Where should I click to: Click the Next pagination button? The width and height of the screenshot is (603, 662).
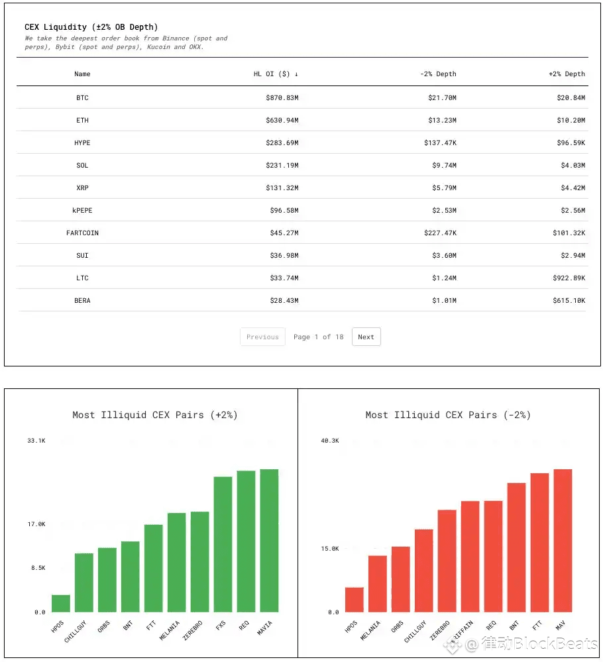click(366, 337)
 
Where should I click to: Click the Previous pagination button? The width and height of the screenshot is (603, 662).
click(262, 337)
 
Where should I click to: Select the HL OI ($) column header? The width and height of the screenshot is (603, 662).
click(276, 74)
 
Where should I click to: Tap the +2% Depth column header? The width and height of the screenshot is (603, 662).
click(567, 74)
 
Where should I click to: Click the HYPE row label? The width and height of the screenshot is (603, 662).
click(82, 142)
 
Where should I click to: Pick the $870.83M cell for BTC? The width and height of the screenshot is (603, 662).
click(282, 97)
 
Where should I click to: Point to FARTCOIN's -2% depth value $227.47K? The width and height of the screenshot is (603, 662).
click(440, 233)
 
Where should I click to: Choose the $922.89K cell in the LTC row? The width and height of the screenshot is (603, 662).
click(569, 278)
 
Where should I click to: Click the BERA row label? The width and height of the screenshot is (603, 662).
click(82, 301)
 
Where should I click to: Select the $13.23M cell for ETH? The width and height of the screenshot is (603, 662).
click(442, 121)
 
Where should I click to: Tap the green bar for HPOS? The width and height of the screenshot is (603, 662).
click(61, 603)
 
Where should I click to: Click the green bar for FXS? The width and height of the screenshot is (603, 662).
click(223, 544)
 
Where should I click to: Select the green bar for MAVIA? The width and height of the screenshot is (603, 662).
click(270, 541)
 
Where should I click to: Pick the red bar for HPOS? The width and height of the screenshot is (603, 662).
click(355, 600)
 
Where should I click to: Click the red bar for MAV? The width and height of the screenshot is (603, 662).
click(563, 541)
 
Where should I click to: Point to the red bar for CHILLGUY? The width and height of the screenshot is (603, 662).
click(424, 571)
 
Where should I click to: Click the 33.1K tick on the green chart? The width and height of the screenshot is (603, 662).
click(36, 441)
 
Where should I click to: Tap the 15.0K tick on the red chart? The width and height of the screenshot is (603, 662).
click(330, 549)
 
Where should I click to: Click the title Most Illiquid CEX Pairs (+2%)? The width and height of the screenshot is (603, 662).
click(155, 415)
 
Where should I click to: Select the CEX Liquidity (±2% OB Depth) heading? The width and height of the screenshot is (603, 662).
click(91, 27)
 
